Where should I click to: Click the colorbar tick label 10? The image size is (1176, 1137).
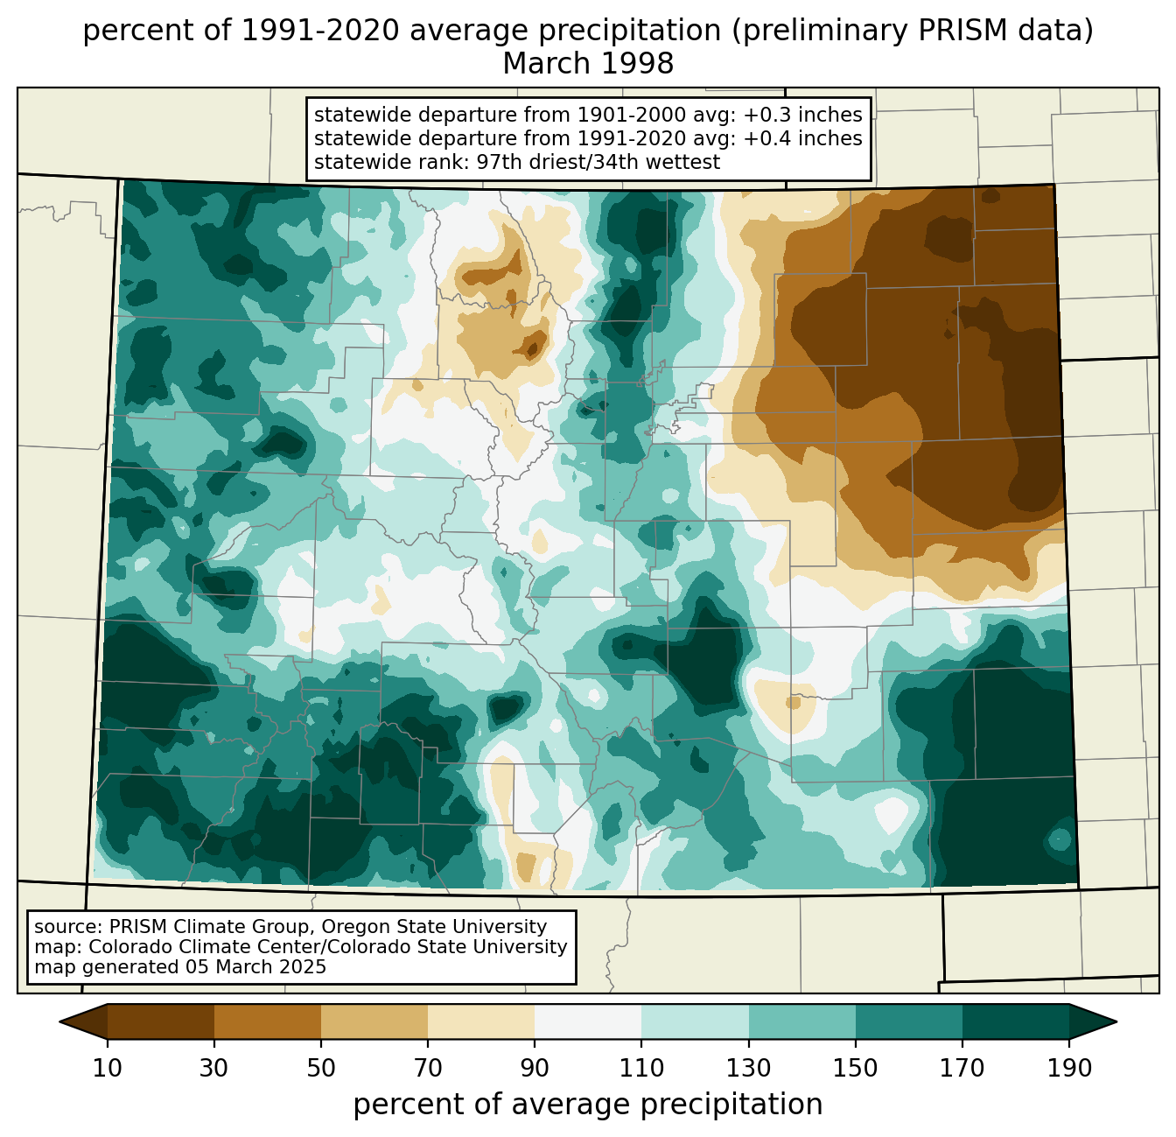point(107,1068)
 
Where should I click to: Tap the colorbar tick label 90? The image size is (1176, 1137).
point(535,1068)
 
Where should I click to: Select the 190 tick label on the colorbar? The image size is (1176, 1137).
point(1069,1068)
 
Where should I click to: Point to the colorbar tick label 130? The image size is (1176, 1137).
point(748,1068)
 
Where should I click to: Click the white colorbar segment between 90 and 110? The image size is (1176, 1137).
point(588,1021)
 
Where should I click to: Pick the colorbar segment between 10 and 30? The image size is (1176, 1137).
point(161,1021)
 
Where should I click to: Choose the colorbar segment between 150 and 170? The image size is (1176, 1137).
point(909,1021)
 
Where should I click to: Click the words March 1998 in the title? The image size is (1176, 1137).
point(588,64)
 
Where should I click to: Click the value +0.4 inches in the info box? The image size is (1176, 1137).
point(802,138)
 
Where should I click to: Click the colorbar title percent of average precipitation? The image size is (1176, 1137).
point(588,1105)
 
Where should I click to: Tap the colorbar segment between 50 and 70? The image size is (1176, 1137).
point(374,1021)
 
